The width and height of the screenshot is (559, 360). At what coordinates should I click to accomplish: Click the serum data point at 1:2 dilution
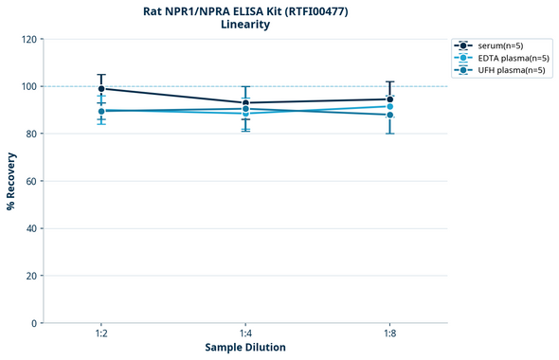click(x=101, y=88)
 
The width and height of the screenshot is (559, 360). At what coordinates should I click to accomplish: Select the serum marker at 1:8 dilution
click(x=389, y=99)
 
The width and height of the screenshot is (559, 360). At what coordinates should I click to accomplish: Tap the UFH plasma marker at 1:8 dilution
click(x=389, y=116)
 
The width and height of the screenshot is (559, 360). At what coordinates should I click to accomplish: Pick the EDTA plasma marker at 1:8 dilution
click(x=389, y=106)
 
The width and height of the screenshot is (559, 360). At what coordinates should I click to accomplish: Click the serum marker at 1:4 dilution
click(x=245, y=102)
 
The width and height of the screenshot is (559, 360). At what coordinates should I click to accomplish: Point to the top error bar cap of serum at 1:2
click(x=101, y=75)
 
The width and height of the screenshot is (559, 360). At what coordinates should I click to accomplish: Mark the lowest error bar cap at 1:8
click(x=389, y=134)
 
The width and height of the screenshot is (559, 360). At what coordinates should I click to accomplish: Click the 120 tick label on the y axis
click(x=28, y=39)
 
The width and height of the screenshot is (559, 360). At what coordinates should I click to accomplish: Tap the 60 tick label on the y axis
click(x=31, y=181)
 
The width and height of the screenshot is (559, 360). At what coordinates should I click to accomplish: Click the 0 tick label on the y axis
click(x=34, y=323)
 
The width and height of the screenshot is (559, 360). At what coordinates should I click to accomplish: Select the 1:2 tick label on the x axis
click(x=101, y=333)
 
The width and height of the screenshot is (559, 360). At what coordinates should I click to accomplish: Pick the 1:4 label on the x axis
click(x=245, y=333)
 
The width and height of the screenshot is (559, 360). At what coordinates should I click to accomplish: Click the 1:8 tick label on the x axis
click(x=389, y=333)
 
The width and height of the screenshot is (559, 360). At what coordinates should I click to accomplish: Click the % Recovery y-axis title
click(x=11, y=181)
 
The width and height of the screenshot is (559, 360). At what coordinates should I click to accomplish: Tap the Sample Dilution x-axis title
click(x=245, y=348)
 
